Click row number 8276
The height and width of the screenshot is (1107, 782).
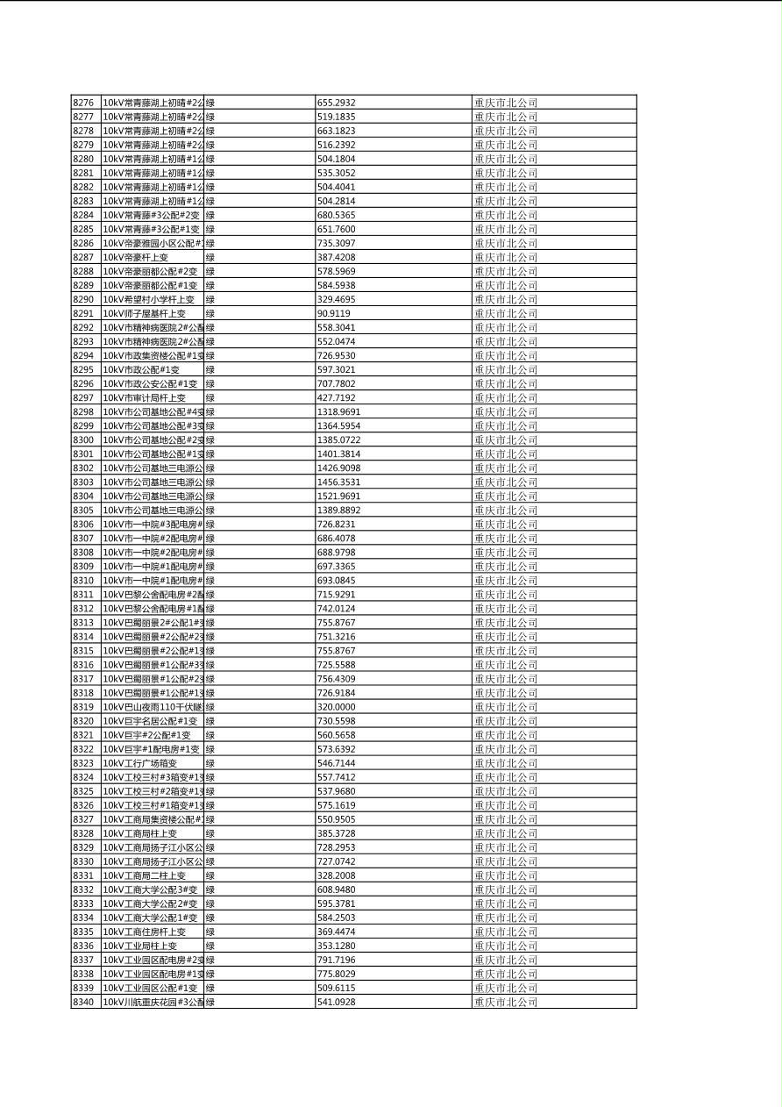pos(83,103)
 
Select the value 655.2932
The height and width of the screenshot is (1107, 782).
pos(337,103)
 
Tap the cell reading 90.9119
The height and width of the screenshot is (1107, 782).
pos(334,313)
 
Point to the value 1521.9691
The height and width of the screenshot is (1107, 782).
pos(338,496)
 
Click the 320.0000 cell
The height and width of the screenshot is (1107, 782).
pos(337,707)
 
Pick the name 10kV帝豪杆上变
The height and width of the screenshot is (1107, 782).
pos(136,257)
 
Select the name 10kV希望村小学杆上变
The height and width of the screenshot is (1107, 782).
pos(149,299)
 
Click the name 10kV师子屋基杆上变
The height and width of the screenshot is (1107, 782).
pos(145,313)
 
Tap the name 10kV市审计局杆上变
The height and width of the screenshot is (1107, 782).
pos(145,397)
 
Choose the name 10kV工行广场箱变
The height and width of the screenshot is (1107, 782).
pos(140,763)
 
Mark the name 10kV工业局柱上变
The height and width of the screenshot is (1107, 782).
pos(140,946)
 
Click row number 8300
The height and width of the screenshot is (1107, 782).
pos(83,439)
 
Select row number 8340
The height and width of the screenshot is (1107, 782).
pos(83,1002)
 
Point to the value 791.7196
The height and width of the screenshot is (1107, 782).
pos(337,960)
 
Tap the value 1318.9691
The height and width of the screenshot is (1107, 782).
pos(338,411)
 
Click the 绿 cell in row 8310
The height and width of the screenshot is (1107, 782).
pos(210,581)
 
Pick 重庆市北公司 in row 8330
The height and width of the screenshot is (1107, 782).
pos(506,861)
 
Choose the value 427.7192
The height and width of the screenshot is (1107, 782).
pos(337,397)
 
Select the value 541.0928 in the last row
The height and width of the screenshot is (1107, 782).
pos(337,1002)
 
